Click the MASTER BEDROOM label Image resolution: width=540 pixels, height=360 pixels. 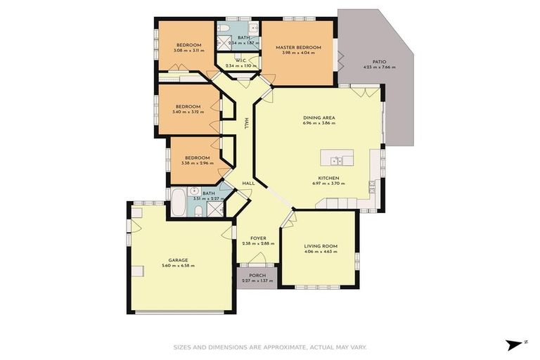298,48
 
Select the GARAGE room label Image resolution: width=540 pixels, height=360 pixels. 177,260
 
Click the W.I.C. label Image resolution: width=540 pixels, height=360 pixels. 240,60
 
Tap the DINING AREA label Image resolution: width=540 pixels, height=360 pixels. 319,117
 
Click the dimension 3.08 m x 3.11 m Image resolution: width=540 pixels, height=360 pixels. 188,51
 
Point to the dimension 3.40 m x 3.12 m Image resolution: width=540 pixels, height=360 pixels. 188,112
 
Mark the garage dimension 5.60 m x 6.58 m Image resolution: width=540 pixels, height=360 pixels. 177,266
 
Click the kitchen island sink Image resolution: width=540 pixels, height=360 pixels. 337,158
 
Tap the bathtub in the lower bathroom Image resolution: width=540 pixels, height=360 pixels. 179,202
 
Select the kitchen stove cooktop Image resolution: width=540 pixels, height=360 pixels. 371,187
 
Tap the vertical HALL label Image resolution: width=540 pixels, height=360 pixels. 246,122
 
